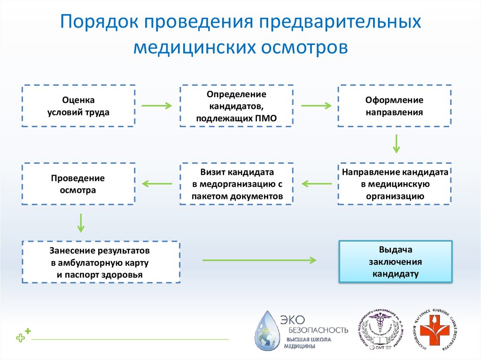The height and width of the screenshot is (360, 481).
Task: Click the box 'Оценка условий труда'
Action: pyautogui.click(x=78, y=106)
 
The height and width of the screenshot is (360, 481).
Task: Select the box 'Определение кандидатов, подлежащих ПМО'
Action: pyautogui.click(x=237, y=106)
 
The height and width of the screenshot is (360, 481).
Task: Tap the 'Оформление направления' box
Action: pyautogui.click(x=395, y=106)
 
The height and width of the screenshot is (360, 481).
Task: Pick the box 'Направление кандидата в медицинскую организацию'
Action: pyautogui.click(x=395, y=184)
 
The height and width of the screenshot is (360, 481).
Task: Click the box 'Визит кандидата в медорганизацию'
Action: pyautogui.click(x=237, y=184)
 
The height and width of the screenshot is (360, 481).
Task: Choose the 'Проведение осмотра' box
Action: pyautogui.click(x=78, y=184)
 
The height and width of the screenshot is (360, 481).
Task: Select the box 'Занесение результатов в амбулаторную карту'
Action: pyautogui.click(x=101, y=262)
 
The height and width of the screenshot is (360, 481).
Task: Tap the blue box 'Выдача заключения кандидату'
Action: pyautogui.click(x=396, y=261)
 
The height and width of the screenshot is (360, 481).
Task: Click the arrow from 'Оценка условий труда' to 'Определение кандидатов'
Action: pyautogui.click(x=157, y=106)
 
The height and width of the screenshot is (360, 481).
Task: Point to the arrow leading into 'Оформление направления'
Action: pyautogui.click(x=316, y=106)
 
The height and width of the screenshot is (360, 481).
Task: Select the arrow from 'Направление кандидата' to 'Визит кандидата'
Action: pyautogui.click(x=316, y=184)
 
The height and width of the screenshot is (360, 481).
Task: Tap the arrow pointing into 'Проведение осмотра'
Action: pyautogui.click(x=157, y=184)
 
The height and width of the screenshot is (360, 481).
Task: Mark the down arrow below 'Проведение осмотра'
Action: pyautogui.click(x=81, y=223)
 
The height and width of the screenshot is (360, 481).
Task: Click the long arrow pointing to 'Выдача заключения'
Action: pyautogui.click(x=259, y=260)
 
